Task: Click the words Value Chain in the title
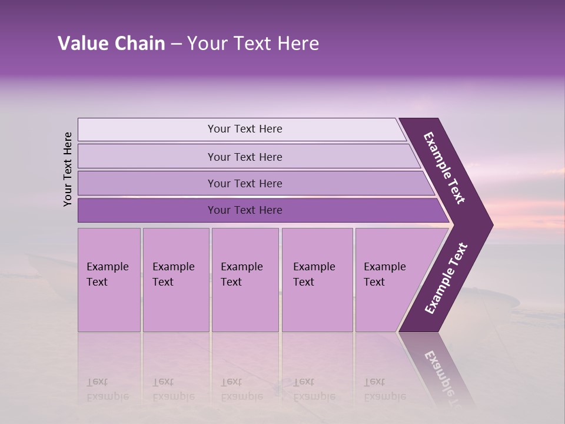(111, 44)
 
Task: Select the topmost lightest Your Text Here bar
(244, 129)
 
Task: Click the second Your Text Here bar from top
(244, 157)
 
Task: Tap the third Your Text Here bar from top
(244, 183)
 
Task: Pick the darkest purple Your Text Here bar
(244, 210)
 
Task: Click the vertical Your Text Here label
(68, 169)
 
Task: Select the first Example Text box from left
(109, 280)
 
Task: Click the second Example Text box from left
(175, 280)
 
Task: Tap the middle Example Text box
(245, 280)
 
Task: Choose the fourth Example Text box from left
(317, 280)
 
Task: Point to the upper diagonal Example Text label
(444, 168)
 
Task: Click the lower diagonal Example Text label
(446, 279)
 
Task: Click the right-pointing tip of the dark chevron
(491, 224)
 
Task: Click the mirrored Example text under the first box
(108, 396)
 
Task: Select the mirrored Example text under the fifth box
(385, 396)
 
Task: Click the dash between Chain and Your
(176, 44)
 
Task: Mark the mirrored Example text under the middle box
(242, 396)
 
